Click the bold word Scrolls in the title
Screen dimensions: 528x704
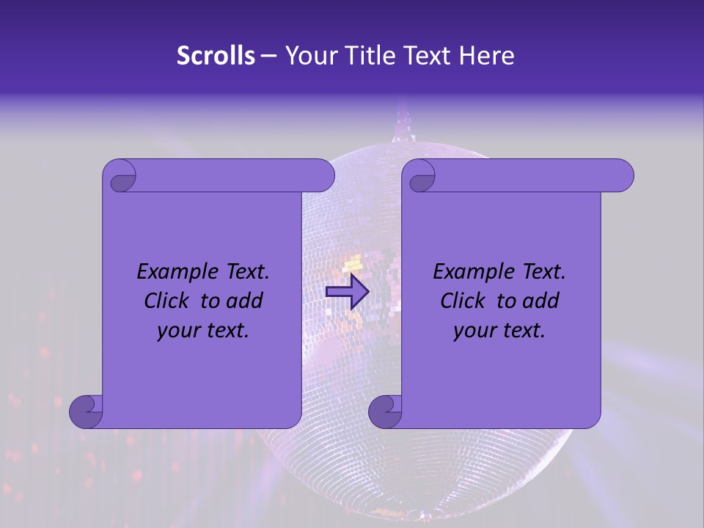point(216,56)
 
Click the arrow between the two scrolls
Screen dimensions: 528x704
point(347,291)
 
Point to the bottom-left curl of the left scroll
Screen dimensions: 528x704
point(87,412)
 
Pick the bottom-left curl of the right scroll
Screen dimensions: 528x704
point(386,412)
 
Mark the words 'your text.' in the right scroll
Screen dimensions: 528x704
point(499,331)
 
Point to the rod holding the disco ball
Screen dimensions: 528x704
point(403,125)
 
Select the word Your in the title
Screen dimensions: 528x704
point(308,56)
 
